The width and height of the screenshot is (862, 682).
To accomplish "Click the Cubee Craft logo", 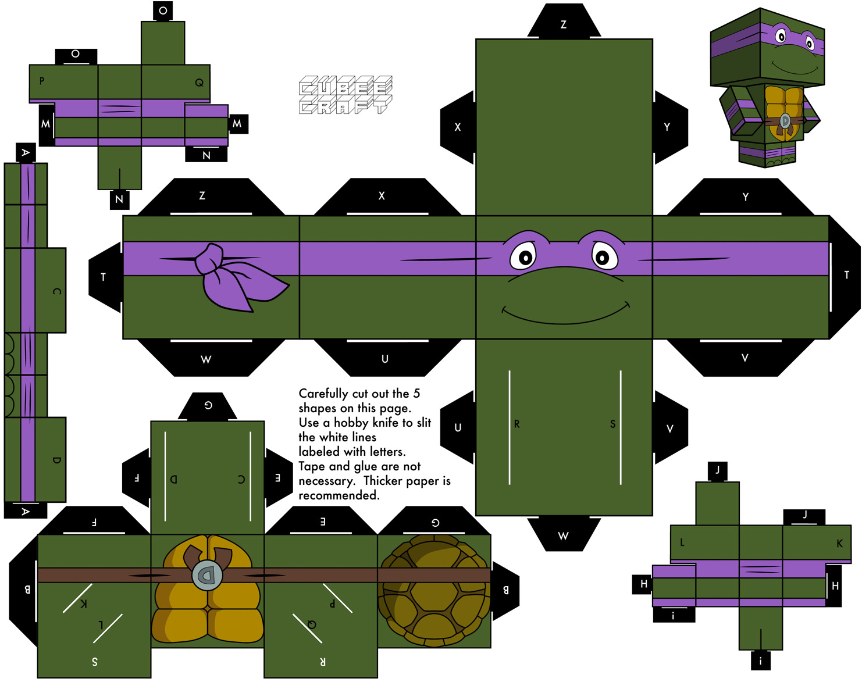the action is (x=345, y=95).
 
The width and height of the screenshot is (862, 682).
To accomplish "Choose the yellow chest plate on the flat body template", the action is (x=208, y=589).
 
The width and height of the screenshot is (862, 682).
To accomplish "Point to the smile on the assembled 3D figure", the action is (x=795, y=68).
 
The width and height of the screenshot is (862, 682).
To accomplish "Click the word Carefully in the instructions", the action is (x=323, y=394).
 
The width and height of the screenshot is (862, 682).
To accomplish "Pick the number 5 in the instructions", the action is (x=416, y=394).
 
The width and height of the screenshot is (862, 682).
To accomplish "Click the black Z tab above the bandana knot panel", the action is (x=211, y=197).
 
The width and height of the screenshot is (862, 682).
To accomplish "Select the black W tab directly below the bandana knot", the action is (x=211, y=358).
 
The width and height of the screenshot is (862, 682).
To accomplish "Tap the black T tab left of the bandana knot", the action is (x=105, y=277).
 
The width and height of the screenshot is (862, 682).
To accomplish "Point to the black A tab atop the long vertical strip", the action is (x=26, y=152).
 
